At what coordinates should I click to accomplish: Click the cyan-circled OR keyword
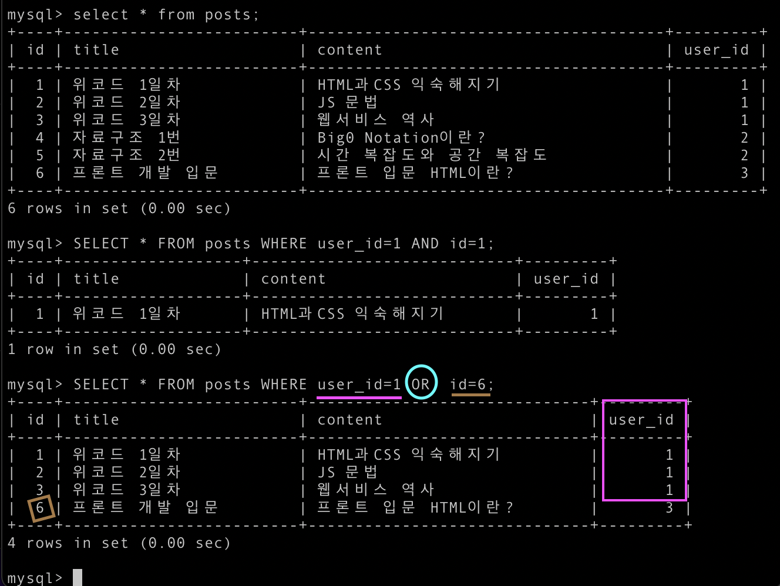click(x=421, y=384)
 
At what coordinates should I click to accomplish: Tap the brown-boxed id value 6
click(x=41, y=507)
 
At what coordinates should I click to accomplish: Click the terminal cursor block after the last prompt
click(x=78, y=578)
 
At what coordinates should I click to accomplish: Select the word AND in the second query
click(x=425, y=244)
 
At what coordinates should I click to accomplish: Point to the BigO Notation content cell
click(x=401, y=138)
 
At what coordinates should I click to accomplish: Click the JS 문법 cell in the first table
click(x=347, y=103)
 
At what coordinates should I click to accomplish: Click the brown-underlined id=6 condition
click(x=470, y=385)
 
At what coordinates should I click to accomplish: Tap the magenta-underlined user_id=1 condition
click(x=359, y=385)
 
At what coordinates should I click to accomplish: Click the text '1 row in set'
click(x=63, y=349)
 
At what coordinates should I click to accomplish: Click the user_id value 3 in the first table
click(x=744, y=173)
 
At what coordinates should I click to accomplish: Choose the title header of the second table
click(x=96, y=279)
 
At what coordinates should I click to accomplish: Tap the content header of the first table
click(x=349, y=50)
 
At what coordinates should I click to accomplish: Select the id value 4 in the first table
click(x=40, y=138)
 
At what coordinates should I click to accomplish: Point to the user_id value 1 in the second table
click(x=594, y=314)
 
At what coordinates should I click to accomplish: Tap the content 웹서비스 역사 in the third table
click(x=375, y=490)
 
